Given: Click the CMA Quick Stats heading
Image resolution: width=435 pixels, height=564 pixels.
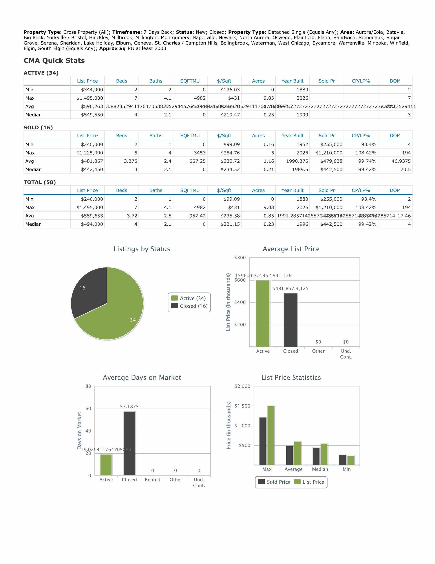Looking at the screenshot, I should pos(54,61).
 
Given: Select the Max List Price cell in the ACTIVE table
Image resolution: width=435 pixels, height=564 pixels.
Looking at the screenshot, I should pos(90,98).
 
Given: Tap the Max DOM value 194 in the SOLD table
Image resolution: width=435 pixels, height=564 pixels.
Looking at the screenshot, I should pos(406,153).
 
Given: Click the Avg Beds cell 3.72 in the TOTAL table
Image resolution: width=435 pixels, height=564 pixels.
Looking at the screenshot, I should pos(132,216).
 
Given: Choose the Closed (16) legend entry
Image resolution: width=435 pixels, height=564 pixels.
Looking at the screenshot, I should pos(190,306).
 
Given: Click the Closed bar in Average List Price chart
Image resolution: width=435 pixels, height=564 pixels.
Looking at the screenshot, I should pos(290,320).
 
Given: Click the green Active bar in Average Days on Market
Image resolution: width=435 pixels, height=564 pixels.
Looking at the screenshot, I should pos(106,465).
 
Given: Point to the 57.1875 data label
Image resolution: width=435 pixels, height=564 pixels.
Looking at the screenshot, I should pos(129,407).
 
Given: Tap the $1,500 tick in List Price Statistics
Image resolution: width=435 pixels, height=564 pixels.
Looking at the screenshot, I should pos(242,406).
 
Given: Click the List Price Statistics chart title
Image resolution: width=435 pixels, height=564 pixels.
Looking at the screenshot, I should pos(291,378).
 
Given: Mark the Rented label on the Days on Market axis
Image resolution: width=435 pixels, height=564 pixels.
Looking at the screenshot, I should pos(152,480).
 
